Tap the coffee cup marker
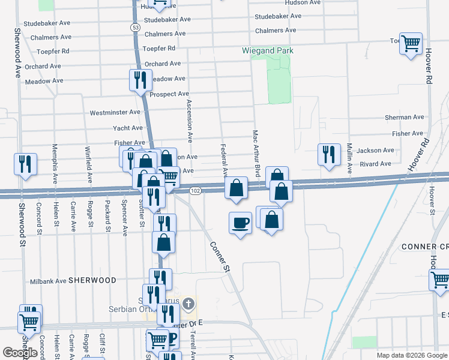tap(240, 223)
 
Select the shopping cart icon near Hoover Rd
tap(411, 44)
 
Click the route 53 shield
tap(136, 28)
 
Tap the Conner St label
tap(220, 257)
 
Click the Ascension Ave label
tap(189, 120)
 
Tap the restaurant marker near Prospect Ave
tap(140, 80)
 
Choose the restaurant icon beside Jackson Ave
tap(328, 154)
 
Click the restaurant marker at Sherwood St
tap(25, 164)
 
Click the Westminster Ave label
tap(115, 112)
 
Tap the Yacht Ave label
tap(128, 128)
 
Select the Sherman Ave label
tap(405, 118)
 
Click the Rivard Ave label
tap(376, 163)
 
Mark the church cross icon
tap(188, 304)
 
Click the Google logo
tap(20, 353)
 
